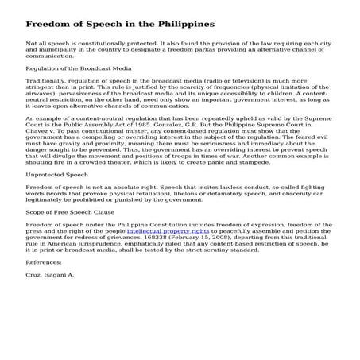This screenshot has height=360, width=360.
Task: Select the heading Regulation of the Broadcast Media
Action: [79, 69]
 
